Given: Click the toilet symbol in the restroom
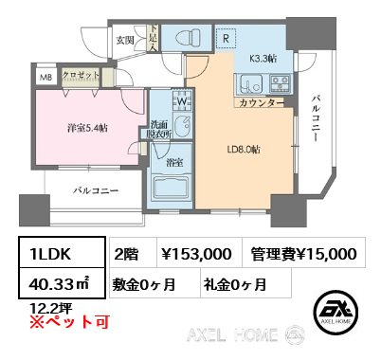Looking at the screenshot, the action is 186,37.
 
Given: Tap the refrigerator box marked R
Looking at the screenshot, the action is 226,38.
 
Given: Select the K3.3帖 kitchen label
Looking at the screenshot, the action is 263,59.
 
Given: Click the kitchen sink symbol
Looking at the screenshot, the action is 250,84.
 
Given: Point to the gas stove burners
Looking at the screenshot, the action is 281,83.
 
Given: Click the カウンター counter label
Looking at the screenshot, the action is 261,103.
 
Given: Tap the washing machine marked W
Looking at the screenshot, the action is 182,100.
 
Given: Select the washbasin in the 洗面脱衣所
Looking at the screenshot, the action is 183,126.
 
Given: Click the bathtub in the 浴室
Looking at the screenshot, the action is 170,187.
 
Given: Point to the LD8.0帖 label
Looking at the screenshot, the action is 244,150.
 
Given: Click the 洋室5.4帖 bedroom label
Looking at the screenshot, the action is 87,128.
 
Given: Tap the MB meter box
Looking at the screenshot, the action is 46,78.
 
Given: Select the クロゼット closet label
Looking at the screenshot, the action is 81,75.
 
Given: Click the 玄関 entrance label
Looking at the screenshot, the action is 125,40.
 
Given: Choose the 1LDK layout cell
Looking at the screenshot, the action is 62,253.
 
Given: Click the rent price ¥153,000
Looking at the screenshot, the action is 200,253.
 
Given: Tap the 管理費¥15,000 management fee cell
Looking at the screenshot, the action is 304,253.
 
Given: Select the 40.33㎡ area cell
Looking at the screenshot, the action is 62,283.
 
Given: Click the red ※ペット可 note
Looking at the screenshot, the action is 69,322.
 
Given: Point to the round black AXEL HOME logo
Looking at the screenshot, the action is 336,312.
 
